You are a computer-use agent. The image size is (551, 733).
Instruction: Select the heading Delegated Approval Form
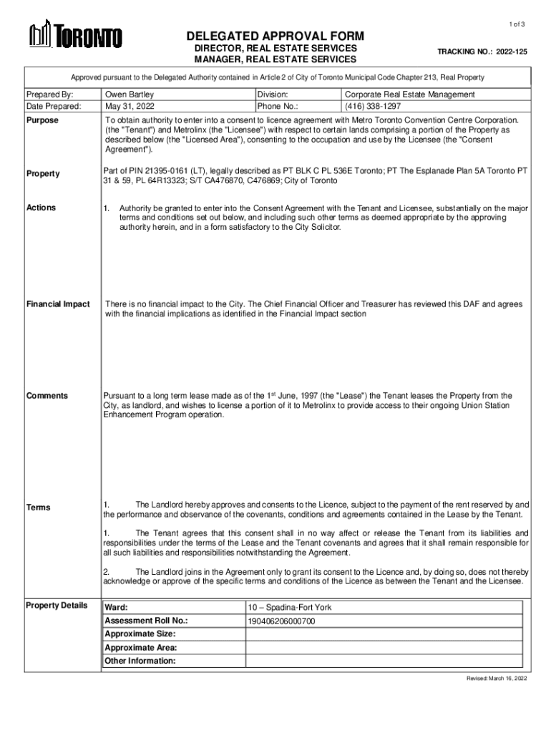click(275, 36)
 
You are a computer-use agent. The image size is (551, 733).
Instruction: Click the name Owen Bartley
click(130, 94)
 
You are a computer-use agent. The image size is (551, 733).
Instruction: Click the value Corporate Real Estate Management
click(409, 94)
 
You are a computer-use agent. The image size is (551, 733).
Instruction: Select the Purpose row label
click(42, 120)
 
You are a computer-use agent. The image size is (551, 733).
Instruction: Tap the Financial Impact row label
click(58, 304)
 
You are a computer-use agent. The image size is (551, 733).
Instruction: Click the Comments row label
click(47, 396)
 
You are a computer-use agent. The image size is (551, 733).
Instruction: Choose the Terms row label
click(39, 508)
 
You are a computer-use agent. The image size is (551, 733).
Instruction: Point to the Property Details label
click(57, 606)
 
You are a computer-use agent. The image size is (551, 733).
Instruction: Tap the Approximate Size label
click(140, 634)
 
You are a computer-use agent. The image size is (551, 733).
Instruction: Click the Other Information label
click(140, 661)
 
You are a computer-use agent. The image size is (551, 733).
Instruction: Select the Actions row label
click(41, 208)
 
